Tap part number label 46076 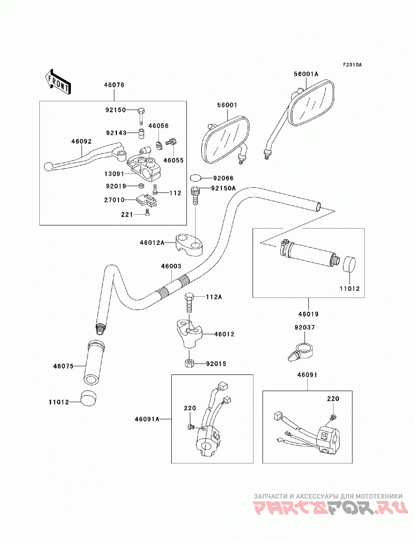[x=114, y=85]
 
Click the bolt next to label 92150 [x=141, y=116]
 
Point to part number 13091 [x=114, y=174]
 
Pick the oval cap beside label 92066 [x=196, y=178]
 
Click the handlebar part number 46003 [x=171, y=267]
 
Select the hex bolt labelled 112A [x=189, y=303]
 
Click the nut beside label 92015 [x=189, y=363]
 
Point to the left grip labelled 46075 [x=93, y=362]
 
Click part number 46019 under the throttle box [x=308, y=314]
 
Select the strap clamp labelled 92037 [x=300, y=351]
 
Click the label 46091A [x=147, y=419]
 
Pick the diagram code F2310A [x=352, y=65]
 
